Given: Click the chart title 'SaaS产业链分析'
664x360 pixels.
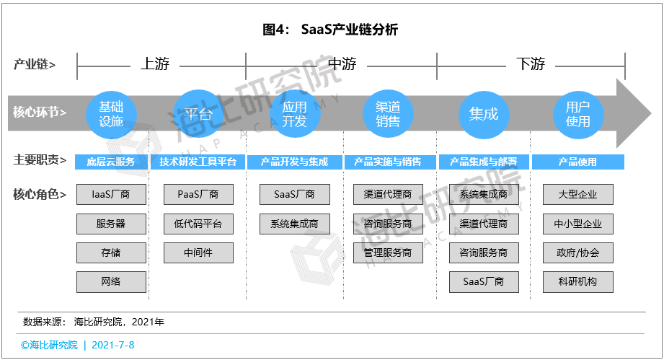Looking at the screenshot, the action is pos(350,30).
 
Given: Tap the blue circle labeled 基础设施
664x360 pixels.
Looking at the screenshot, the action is pos(111,114).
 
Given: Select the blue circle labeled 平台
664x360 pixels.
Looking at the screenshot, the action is pos(198,114).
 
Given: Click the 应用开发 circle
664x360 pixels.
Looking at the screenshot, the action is pos(294,114).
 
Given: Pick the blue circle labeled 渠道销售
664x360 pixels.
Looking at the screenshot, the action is pos(387,114).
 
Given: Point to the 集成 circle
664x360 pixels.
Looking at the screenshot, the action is pos(484,114).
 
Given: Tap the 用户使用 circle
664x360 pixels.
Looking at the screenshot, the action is pos(577,114).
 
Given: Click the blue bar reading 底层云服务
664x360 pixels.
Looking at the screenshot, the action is pos(111,162).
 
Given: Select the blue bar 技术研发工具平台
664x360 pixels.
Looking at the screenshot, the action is pos(198,162).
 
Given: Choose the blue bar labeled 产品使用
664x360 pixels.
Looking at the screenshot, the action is pos(578,162).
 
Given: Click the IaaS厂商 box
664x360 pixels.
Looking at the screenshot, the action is pos(111,194).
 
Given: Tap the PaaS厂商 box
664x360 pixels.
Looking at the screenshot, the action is pos(198,194).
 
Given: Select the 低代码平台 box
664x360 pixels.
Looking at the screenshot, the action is pos(198,224).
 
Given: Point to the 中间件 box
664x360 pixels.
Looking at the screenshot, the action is pos(198,253).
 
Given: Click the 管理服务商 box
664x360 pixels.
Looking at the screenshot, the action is pos(388,253).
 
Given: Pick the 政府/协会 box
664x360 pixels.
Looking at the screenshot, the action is pos(578,253).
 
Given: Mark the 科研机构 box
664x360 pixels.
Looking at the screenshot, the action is pos(578,281).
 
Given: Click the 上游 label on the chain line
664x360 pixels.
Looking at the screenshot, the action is pos(155,64).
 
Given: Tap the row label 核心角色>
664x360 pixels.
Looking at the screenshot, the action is pos(40,194).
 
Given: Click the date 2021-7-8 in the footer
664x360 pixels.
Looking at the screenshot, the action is pos(113,345).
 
